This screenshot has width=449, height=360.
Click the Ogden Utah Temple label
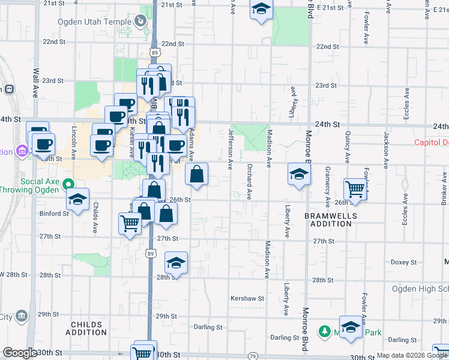point(94,22)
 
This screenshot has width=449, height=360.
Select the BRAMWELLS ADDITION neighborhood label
point(330,220)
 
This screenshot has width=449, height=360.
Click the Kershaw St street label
point(247,298)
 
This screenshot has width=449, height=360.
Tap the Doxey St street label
point(403,262)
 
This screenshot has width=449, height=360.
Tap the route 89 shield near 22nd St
point(155,53)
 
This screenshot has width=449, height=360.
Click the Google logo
point(20,353)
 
